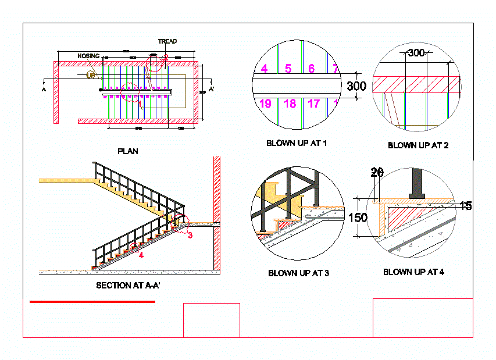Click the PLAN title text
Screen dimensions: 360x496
click(x=128, y=151)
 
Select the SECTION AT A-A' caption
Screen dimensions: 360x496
click(x=132, y=286)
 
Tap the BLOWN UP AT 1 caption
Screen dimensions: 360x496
click(x=297, y=143)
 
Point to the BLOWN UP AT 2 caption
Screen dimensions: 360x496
click(x=418, y=145)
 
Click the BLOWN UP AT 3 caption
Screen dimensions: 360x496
click(x=298, y=273)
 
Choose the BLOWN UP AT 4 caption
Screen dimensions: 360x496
click(x=413, y=272)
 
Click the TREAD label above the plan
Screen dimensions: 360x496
click(x=167, y=41)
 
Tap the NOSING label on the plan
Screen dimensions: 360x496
click(x=89, y=56)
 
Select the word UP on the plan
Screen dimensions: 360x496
click(x=91, y=75)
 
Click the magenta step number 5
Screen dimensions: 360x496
click(x=288, y=69)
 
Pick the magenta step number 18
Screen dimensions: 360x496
click(x=290, y=104)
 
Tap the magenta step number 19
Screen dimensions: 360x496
click(x=265, y=104)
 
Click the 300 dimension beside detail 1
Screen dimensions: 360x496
click(x=356, y=87)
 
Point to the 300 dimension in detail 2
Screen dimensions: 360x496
click(x=416, y=53)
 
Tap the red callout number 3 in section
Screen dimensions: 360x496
click(x=190, y=235)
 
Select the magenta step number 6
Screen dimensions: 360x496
click(x=311, y=69)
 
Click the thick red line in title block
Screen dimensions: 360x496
click(x=92, y=302)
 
